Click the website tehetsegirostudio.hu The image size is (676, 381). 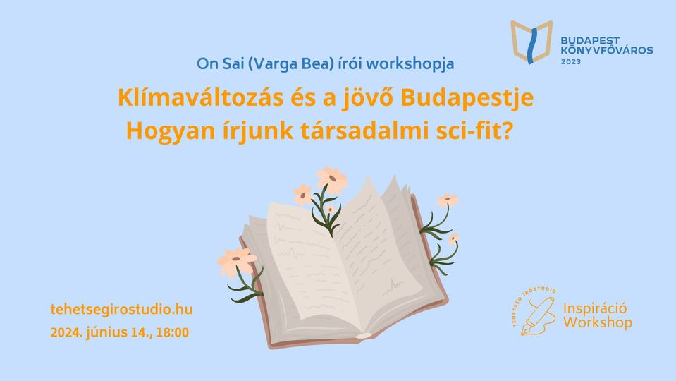(121, 310)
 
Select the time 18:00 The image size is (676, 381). (173, 333)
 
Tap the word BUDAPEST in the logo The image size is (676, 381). (590, 40)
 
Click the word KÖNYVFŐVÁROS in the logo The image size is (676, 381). (607, 50)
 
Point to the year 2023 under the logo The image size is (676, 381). (571, 61)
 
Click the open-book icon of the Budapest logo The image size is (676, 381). (531, 42)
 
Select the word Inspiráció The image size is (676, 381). (595, 308)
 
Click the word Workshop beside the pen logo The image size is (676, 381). (598, 322)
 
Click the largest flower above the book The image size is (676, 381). (331, 179)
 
